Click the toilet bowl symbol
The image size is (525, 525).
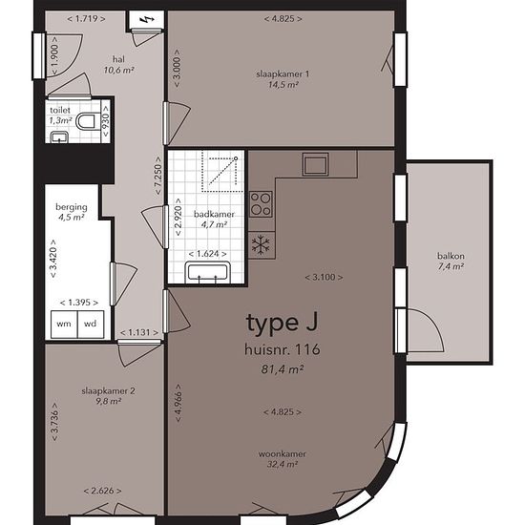(x=86, y=121)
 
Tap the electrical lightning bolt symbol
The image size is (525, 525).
(x=146, y=20)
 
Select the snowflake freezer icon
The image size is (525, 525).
(x=261, y=243)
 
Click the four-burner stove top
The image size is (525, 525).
(x=261, y=204)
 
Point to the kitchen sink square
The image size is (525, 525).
(x=315, y=164)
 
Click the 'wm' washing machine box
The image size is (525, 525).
(x=64, y=325)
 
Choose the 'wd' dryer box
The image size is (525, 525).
(x=91, y=325)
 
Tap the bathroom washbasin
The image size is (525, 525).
(x=207, y=272)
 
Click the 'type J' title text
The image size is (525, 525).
(x=282, y=324)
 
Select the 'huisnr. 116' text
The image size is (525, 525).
(x=283, y=349)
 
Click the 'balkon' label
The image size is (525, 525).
(x=451, y=256)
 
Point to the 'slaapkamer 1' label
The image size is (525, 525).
(x=283, y=74)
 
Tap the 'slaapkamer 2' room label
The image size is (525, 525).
(x=109, y=391)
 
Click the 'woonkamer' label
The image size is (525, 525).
(x=283, y=454)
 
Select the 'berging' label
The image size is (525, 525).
(x=72, y=207)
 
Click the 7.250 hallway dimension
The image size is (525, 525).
(x=158, y=176)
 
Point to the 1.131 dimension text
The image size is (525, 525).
(x=139, y=332)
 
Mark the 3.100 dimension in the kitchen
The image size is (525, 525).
(x=324, y=277)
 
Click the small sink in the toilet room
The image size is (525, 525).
(x=59, y=137)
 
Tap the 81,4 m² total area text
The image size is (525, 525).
(x=283, y=369)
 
